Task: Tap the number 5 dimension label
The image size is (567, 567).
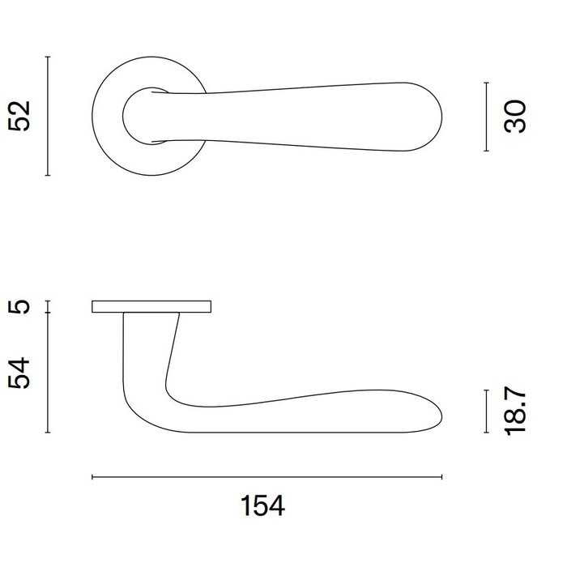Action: [x=23, y=306]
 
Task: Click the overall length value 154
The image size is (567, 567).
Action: [x=264, y=506]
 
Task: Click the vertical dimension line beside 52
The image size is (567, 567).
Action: [x=49, y=116]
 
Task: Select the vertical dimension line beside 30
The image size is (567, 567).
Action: [x=485, y=116]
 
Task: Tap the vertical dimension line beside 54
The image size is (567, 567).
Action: [x=49, y=373]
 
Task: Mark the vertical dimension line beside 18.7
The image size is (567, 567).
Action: [x=485, y=411]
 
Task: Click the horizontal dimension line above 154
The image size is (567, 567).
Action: [x=267, y=478]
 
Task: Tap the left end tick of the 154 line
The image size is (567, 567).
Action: [x=92, y=478]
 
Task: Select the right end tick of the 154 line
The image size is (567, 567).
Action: [x=442, y=478]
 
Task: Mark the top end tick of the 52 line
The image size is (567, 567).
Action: [x=49, y=57]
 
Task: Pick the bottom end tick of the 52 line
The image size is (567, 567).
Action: [x=49, y=175]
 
